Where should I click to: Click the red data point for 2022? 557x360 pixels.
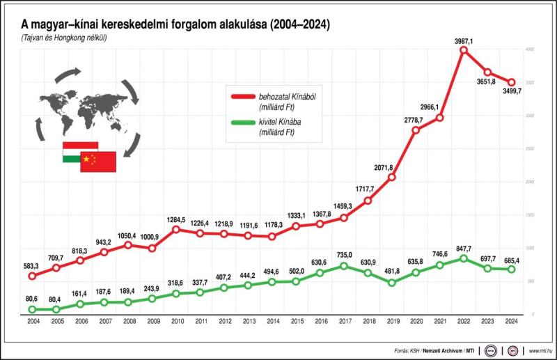click(464, 49)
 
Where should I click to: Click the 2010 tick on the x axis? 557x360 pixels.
click(177, 321)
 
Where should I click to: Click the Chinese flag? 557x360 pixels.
click(97, 162)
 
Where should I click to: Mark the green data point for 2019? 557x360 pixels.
click(392, 283)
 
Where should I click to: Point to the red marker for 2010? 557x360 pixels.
click(177, 229)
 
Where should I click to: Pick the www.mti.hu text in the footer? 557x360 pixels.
click(541, 350)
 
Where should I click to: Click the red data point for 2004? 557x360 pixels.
click(32, 276)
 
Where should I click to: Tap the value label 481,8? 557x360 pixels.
click(391, 272)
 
